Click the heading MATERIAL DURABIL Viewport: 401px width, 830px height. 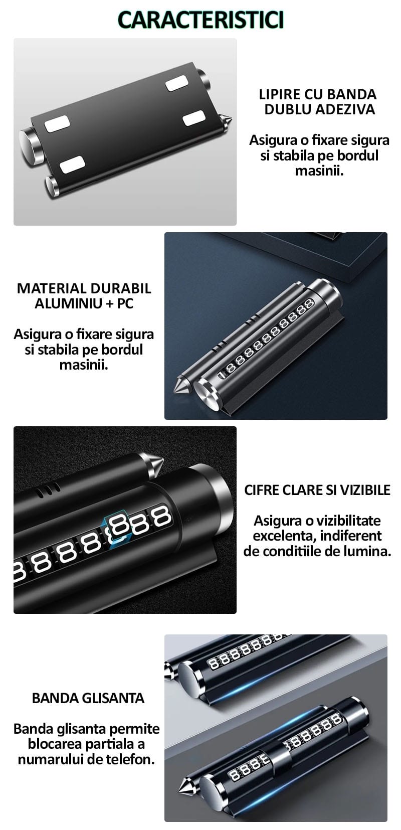coord(84,288)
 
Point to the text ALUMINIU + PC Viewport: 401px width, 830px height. coord(84,303)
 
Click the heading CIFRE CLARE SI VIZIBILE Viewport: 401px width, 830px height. coord(317,490)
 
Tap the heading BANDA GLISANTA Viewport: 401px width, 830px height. coord(88,698)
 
